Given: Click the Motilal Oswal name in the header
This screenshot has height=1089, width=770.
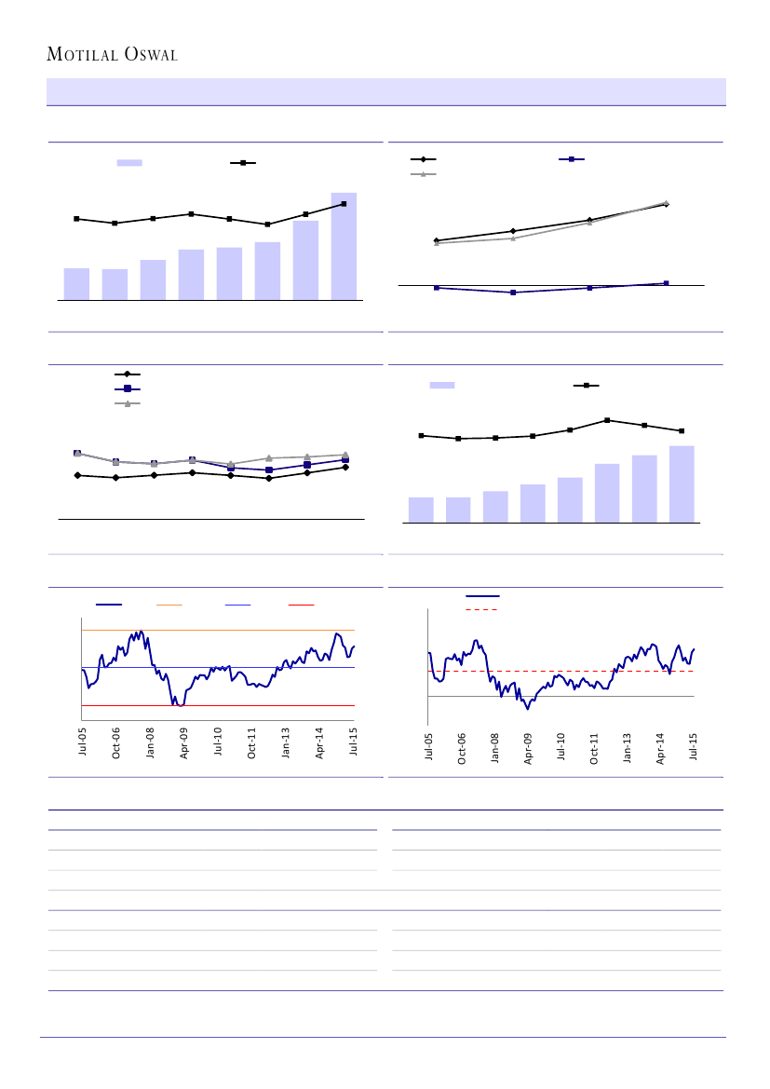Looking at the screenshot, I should coord(113,55).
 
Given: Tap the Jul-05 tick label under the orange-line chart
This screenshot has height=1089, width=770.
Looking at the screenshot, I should coord(83,742).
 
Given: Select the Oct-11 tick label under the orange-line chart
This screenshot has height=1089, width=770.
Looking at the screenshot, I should coord(252,742).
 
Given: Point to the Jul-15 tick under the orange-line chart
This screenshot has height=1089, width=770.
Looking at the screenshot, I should coord(354,742).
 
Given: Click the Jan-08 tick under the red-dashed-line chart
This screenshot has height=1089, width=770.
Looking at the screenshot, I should coord(495,747).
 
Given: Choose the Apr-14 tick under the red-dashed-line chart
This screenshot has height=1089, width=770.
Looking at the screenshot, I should coord(661,747).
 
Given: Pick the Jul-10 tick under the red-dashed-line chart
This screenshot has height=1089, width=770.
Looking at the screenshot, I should coord(561,747).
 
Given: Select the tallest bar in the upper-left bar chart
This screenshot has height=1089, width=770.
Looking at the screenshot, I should coord(344,246).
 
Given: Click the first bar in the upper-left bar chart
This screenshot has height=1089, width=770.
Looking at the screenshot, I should coord(76,283).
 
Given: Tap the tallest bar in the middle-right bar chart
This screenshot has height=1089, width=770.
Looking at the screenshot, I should coord(682,483).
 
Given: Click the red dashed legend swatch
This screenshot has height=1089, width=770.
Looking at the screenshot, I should coord(480,610).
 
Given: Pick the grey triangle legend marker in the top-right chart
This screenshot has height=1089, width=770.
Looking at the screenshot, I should coord(423,174).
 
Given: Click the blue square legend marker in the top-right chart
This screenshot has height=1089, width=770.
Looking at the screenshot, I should coord(571,160).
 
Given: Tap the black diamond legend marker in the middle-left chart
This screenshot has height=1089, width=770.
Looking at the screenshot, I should coord(127,374).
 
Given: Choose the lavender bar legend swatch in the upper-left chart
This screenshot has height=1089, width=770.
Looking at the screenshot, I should coord(129,163).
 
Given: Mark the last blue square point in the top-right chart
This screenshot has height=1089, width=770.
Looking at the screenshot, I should coord(666,283).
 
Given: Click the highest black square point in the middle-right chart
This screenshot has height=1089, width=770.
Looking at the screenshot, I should coord(607,420).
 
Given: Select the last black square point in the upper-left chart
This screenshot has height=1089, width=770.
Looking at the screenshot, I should coord(344,203).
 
